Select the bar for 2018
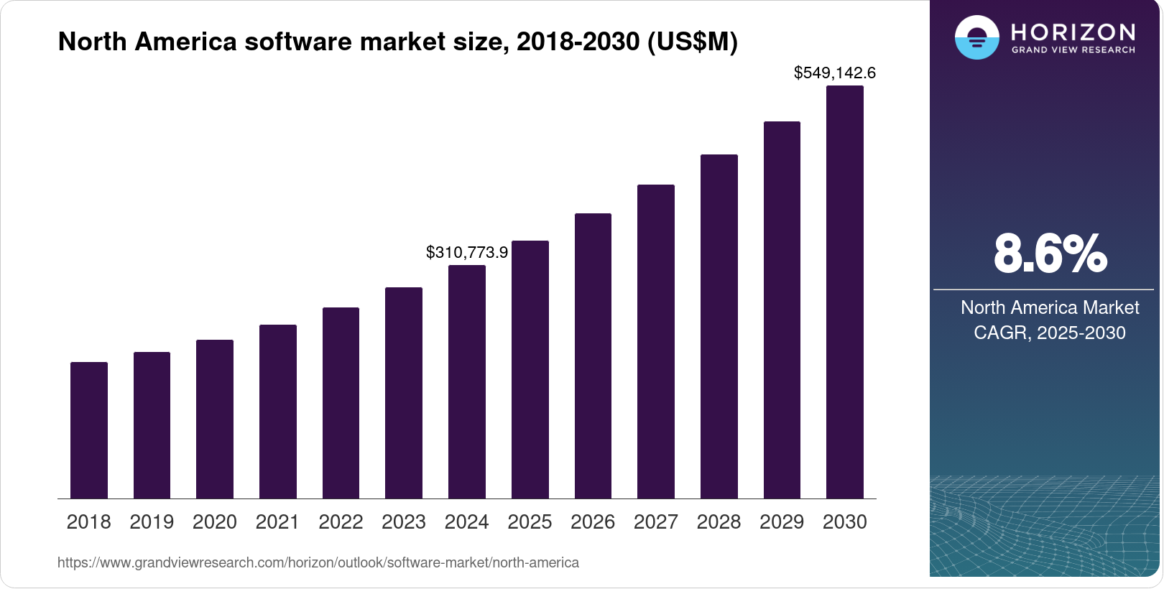pyautogui.click(x=89, y=430)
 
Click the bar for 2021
pyautogui.click(x=278, y=412)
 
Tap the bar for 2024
pyautogui.click(x=467, y=381)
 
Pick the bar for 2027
pyautogui.click(x=656, y=341)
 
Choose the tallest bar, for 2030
pyautogui.click(x=845, y=292)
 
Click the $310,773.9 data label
pyautogui.click(x=467, y=253)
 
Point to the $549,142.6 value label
pyautogui.click(x=834, y=73)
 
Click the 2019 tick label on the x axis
pyautogui.click(x=152, y=522)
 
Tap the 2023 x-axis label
pyautogui.click(x=404, y=522)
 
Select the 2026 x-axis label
pyautogui.click(x=593, y=522)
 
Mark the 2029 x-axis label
pyautogui.click(x=782, y=522)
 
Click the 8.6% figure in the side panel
pyautogui.click(x=1050, y=254)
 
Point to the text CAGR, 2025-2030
pyautogui.click(x=1049, y=333)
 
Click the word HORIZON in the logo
pyautogui.click(x=1073, y=32)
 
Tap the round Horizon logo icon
pyautogui.click(x=976, y=37)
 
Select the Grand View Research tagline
pyautogui.click(x=1073, y=50)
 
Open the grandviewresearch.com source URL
pyautogui.click(x=318, y=563)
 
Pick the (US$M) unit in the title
pyautogui.click(x=693, y=42)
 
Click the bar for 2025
pyautogui.click(x=530, y=369)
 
